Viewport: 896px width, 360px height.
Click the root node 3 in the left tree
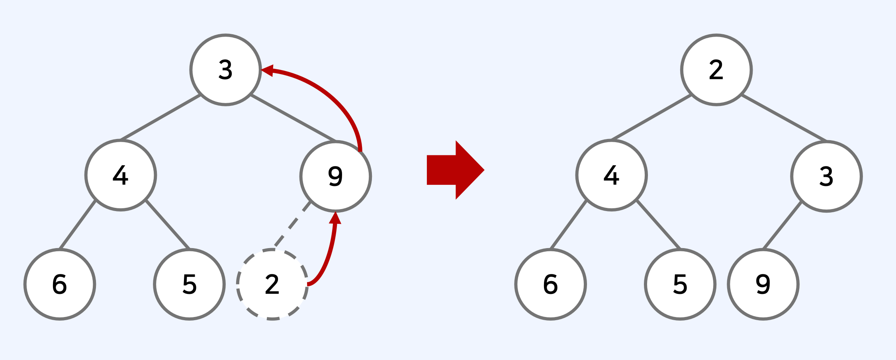pos(225,70)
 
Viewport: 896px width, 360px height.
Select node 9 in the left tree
pos(335,176)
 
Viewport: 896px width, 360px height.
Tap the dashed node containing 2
pos(272,284)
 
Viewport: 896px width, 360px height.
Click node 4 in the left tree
pos(120,175)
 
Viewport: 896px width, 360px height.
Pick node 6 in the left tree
pos(60,284)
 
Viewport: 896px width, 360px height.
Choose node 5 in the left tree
pos(189,284)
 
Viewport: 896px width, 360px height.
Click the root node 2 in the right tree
pos(716,70)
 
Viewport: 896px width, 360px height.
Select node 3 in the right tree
pos(826,176)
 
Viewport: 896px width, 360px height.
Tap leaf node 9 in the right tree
pos(763,284)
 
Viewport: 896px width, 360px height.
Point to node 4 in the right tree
pos(611,175)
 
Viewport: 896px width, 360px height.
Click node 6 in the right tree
pos(550,284)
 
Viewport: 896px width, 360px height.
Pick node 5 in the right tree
pos(680,284)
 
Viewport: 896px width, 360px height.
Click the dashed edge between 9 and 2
pos(292,225)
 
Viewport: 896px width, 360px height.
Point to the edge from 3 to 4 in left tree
pos(160,117)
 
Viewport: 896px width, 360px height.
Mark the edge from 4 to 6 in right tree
pos(568,225)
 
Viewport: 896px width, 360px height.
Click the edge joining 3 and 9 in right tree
pos(782,225)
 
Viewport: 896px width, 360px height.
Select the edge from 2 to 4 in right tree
pos(651,117)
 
